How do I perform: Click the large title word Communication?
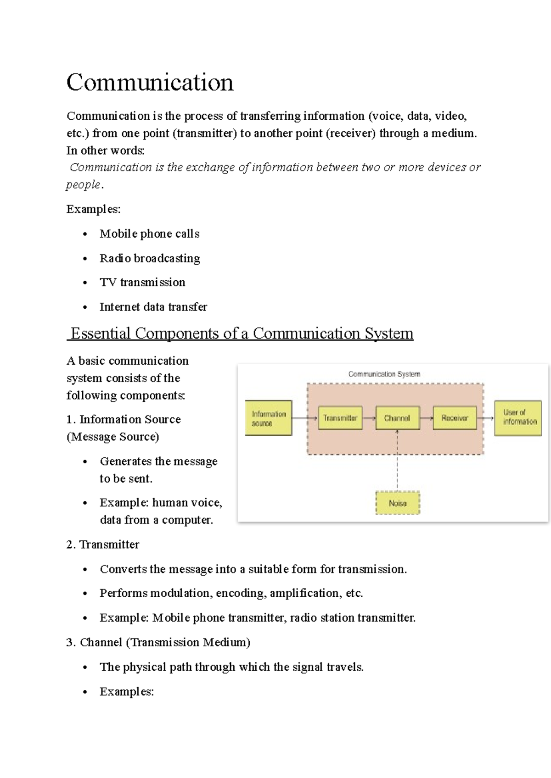tap(150, 83)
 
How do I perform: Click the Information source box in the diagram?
tap(269, 418)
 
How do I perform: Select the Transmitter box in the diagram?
tap(340, 418)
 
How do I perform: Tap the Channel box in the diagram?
tap(397, 418)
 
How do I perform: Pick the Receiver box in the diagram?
tap(455, 418)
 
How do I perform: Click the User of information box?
tap(518, 418)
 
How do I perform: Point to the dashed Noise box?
tap(398, 503)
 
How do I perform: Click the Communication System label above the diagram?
tap(384, 374)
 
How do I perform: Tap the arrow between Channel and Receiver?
tap(427, 418)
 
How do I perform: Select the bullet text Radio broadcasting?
tap(150, 258)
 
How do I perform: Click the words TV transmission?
tap(142, 283)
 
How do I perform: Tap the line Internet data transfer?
tap(153, 307)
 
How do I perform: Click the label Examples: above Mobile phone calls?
tap(93, 209)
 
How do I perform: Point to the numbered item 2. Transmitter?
tap(102, 545)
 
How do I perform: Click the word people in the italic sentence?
tap(83, 185)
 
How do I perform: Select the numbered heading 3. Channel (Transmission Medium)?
tap(158, 642)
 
